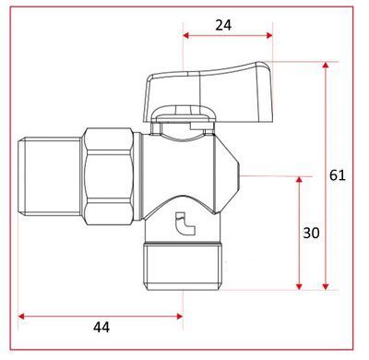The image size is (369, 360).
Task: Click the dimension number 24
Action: [x=223, y=25]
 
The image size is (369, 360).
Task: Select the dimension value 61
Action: [x=338, y=175]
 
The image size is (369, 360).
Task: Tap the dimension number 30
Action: [x=311, y=233]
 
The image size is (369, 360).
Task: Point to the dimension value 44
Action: [x=101, y=328]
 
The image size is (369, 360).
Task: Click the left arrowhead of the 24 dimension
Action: [x=186, y=35]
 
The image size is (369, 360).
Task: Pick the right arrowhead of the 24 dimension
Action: [x=269, y=35]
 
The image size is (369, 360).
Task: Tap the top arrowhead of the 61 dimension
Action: [x=326, y=65]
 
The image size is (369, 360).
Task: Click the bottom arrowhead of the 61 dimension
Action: [x=326, y=286]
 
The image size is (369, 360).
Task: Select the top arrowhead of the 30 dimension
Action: [x=299, y=180]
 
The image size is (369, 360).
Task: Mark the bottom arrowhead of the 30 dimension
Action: [x=299, y=286]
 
